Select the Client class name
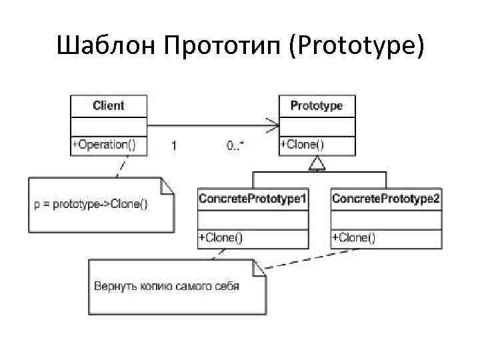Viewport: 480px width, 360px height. coord(108,105)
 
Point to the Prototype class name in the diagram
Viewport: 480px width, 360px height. coord(317,105)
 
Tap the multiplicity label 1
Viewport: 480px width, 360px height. coord(175,145)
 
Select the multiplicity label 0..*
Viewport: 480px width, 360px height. coord(235,145)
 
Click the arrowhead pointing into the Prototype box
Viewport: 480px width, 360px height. coord(273,125)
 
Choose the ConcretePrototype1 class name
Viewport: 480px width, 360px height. coord(253,199)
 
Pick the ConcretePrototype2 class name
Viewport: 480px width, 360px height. coord(386,199)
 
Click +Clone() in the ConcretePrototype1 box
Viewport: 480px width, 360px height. coord(221,237)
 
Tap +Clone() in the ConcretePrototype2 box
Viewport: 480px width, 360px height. coord(354,237)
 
